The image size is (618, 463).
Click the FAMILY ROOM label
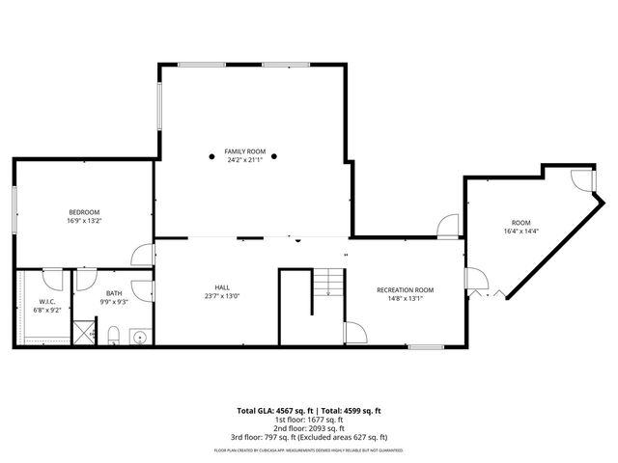(244, 151)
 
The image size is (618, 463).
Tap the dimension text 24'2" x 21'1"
(244, 160)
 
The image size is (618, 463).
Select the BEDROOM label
(84, 212)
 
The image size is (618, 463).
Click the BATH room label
(114, 293)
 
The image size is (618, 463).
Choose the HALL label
(221, 286)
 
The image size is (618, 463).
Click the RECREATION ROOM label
(405, 289)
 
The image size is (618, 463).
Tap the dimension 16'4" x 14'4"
(521, 231)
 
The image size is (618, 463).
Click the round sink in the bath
(139, 338)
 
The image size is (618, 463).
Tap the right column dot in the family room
(275, 155)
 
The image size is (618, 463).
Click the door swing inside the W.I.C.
(54, 280)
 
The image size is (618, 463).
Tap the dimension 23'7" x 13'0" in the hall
(221, 295)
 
